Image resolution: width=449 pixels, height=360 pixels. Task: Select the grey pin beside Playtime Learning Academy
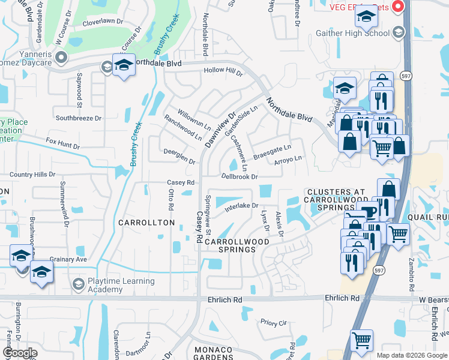(x=77, y=283)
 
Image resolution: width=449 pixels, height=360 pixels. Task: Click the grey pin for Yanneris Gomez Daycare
(x=61, y=57)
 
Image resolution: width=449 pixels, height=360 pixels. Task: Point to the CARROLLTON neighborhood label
(x=146, y=223)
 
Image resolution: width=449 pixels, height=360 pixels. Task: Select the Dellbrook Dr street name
(x=239, y=177)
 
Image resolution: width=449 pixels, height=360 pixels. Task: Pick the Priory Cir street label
(x=274, y=322)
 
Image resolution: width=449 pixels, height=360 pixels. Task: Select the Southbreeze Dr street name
(x=79, y=118)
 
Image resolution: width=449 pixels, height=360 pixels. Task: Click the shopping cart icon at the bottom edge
(x=361, y=340)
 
